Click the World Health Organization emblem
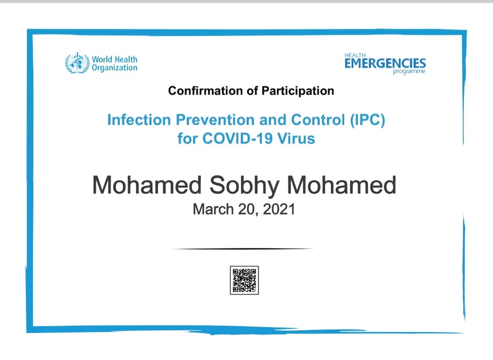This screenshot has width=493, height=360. (78, 63)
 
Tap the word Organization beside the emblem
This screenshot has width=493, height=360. (115, 68)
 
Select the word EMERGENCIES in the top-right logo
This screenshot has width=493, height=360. (385, 63)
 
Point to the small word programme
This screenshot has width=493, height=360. (409, 71)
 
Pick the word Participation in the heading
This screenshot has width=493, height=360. (298, 91)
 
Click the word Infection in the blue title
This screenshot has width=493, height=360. (139, 120)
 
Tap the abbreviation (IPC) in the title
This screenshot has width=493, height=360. (367, 120)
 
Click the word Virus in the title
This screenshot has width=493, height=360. (296, 138)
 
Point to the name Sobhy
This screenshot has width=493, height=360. (244, 186)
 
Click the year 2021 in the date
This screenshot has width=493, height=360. (279, 209)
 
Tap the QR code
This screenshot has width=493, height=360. (244, 280)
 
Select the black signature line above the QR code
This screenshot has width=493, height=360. (243, 249)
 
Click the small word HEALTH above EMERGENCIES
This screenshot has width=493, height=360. (355, 55)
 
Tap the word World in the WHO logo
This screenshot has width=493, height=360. (102, 59)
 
